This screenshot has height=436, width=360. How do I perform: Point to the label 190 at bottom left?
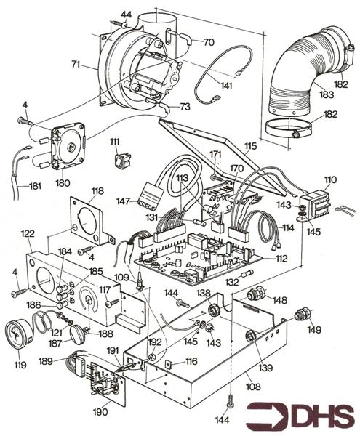tap(100, 412)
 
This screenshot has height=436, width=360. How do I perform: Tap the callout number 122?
tap(28, 234)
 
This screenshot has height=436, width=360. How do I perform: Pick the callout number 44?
tap(126, 15)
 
